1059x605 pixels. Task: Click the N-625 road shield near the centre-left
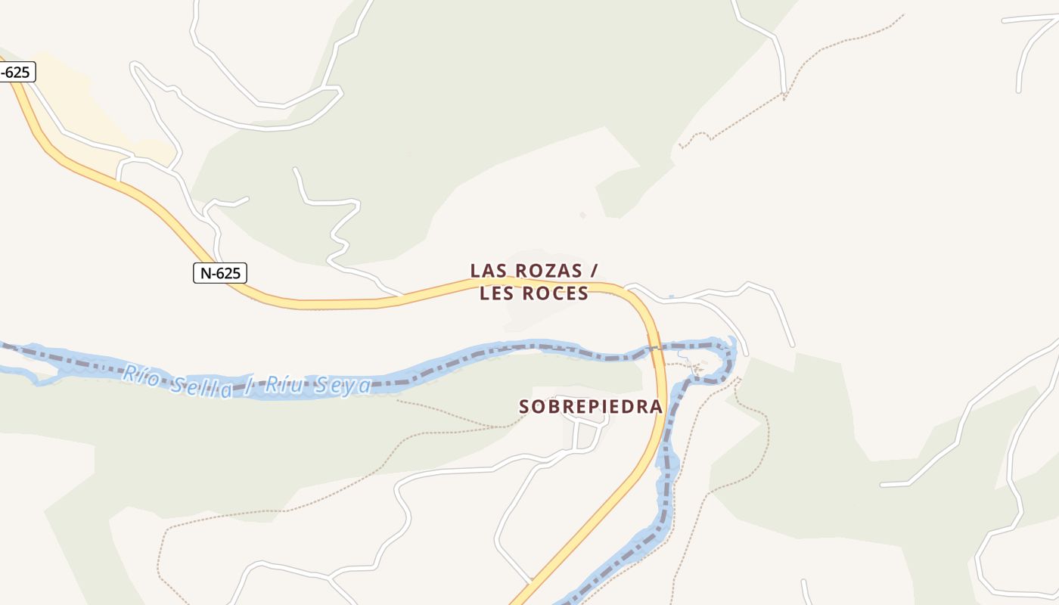[x=220, y=273]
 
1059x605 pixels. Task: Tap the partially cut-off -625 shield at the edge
[x=17, y=73]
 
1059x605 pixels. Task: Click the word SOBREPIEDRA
[x=590, y=407]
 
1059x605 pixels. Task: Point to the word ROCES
[x=554, y=294]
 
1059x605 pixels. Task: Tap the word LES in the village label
[x=495, y=294]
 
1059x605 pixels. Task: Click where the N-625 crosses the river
[x=655, y=349]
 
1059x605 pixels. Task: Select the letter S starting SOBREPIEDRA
[x=524, y=407]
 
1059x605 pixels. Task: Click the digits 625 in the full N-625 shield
[x=228, y=273]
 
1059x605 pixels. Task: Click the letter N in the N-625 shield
[x=205, y=273]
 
